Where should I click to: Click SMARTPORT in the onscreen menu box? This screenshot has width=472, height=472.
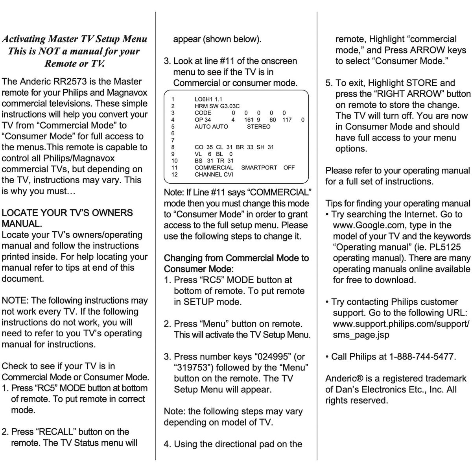(259, 168)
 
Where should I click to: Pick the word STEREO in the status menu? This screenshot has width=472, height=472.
(258, 127)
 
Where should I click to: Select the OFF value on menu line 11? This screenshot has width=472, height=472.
(289, 168)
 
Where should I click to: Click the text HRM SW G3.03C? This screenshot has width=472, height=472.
(217, 106)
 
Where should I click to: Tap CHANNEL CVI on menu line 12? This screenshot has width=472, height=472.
(214, 175)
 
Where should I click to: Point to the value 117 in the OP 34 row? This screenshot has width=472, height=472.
(287, 120)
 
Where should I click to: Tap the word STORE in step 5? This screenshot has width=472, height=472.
(422, 83)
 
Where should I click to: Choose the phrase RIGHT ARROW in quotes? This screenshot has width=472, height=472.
(406, 94)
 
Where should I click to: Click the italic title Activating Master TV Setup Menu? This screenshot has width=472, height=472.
(74, 39)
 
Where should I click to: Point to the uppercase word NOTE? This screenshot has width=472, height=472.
(15, 301)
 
